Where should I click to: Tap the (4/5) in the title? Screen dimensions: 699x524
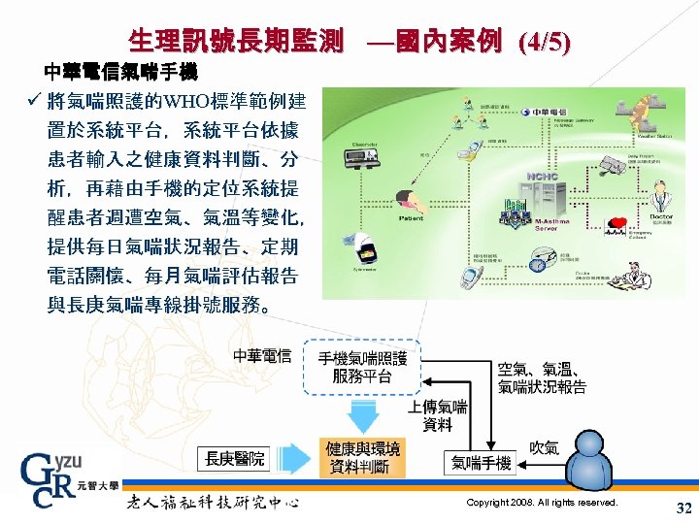pyautogui.click(x=546, y=42)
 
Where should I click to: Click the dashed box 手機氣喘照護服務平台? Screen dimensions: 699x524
pyautogui.click(x=362, y=367)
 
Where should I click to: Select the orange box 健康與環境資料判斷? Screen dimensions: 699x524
pyautogui.click(x=362, y=457)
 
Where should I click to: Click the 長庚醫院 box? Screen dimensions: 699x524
pyautogui.click(x=235, y=457)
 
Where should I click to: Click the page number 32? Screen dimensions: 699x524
pyautogui.click(x=682, y=508)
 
